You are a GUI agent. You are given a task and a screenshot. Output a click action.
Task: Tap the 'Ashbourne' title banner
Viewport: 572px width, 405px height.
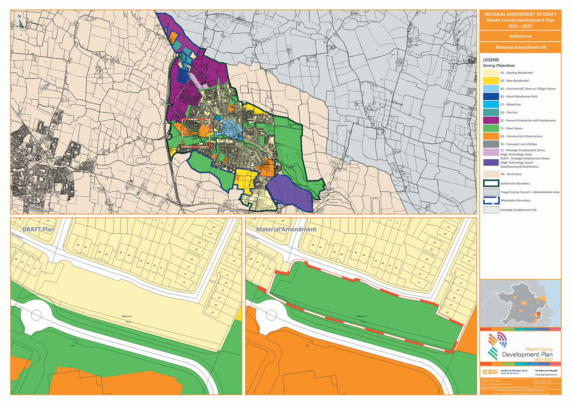(520, 36)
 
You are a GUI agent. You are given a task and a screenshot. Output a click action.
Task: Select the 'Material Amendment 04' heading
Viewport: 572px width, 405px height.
(520, 47)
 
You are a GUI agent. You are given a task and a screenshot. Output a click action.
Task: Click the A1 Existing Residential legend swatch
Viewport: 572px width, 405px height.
(491, 73)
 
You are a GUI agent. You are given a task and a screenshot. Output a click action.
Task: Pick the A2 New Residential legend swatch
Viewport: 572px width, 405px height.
(491, 80)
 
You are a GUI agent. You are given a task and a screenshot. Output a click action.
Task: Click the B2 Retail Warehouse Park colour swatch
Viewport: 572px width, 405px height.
(491, 97)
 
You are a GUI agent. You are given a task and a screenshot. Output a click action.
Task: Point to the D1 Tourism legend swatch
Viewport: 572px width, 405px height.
(491, 112)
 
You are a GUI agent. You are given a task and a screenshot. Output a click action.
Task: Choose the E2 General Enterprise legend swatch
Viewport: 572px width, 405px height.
(491, 120)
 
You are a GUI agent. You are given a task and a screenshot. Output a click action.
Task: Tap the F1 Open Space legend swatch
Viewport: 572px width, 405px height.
(491, 128)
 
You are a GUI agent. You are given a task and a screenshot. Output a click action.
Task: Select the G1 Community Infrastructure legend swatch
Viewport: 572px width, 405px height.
(491, 136)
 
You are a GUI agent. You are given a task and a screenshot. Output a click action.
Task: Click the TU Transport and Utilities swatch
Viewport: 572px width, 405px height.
(491, 144)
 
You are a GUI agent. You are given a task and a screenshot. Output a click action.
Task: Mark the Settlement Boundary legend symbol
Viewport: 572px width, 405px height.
(491, 183)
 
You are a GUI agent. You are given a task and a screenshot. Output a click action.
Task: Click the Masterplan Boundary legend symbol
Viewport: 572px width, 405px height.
(491, 200)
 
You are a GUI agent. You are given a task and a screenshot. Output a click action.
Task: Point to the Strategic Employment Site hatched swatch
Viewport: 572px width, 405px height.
(491, 210)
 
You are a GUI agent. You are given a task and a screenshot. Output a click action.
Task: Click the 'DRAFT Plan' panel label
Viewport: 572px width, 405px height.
(38, 229)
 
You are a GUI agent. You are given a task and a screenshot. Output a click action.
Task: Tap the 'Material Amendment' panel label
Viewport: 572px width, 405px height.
(286, 229)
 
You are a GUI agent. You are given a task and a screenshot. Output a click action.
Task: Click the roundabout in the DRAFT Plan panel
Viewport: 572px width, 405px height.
(37, 315)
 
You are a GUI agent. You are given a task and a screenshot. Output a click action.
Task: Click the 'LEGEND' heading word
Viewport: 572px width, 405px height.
(491, 60)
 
